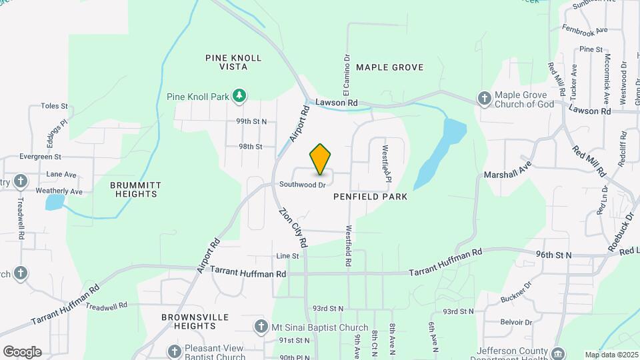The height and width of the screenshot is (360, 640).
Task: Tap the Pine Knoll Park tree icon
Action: click(x=239, y=97)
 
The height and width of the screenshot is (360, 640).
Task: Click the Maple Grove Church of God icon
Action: click(x=485, y=99)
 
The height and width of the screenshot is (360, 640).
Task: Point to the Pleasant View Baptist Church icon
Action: click(x=174, y=351)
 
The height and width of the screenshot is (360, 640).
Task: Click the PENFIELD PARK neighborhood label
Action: click(x=371, y=197)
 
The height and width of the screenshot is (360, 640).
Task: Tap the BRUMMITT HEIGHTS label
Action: click(x=135, y=189)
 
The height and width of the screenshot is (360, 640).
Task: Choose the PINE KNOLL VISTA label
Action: click(x=233, y=63)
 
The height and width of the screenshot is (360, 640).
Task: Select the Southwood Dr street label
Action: click(x=303, y=184)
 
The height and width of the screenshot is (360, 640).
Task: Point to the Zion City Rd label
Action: click(x=292, y=225)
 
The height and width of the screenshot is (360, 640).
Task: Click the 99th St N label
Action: click(x=251, y=121)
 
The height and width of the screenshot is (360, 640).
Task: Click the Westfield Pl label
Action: click(x=385, y=163)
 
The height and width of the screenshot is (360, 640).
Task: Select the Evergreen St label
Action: click(x=40, y=157)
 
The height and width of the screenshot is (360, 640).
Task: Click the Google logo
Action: click(x=21, y=352)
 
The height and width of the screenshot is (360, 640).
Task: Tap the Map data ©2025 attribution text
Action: click(x=611, y=355)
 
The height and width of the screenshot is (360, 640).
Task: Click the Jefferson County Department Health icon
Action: click(x=559, y=352)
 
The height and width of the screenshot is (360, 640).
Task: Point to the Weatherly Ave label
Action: click(x=59, y=191)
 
